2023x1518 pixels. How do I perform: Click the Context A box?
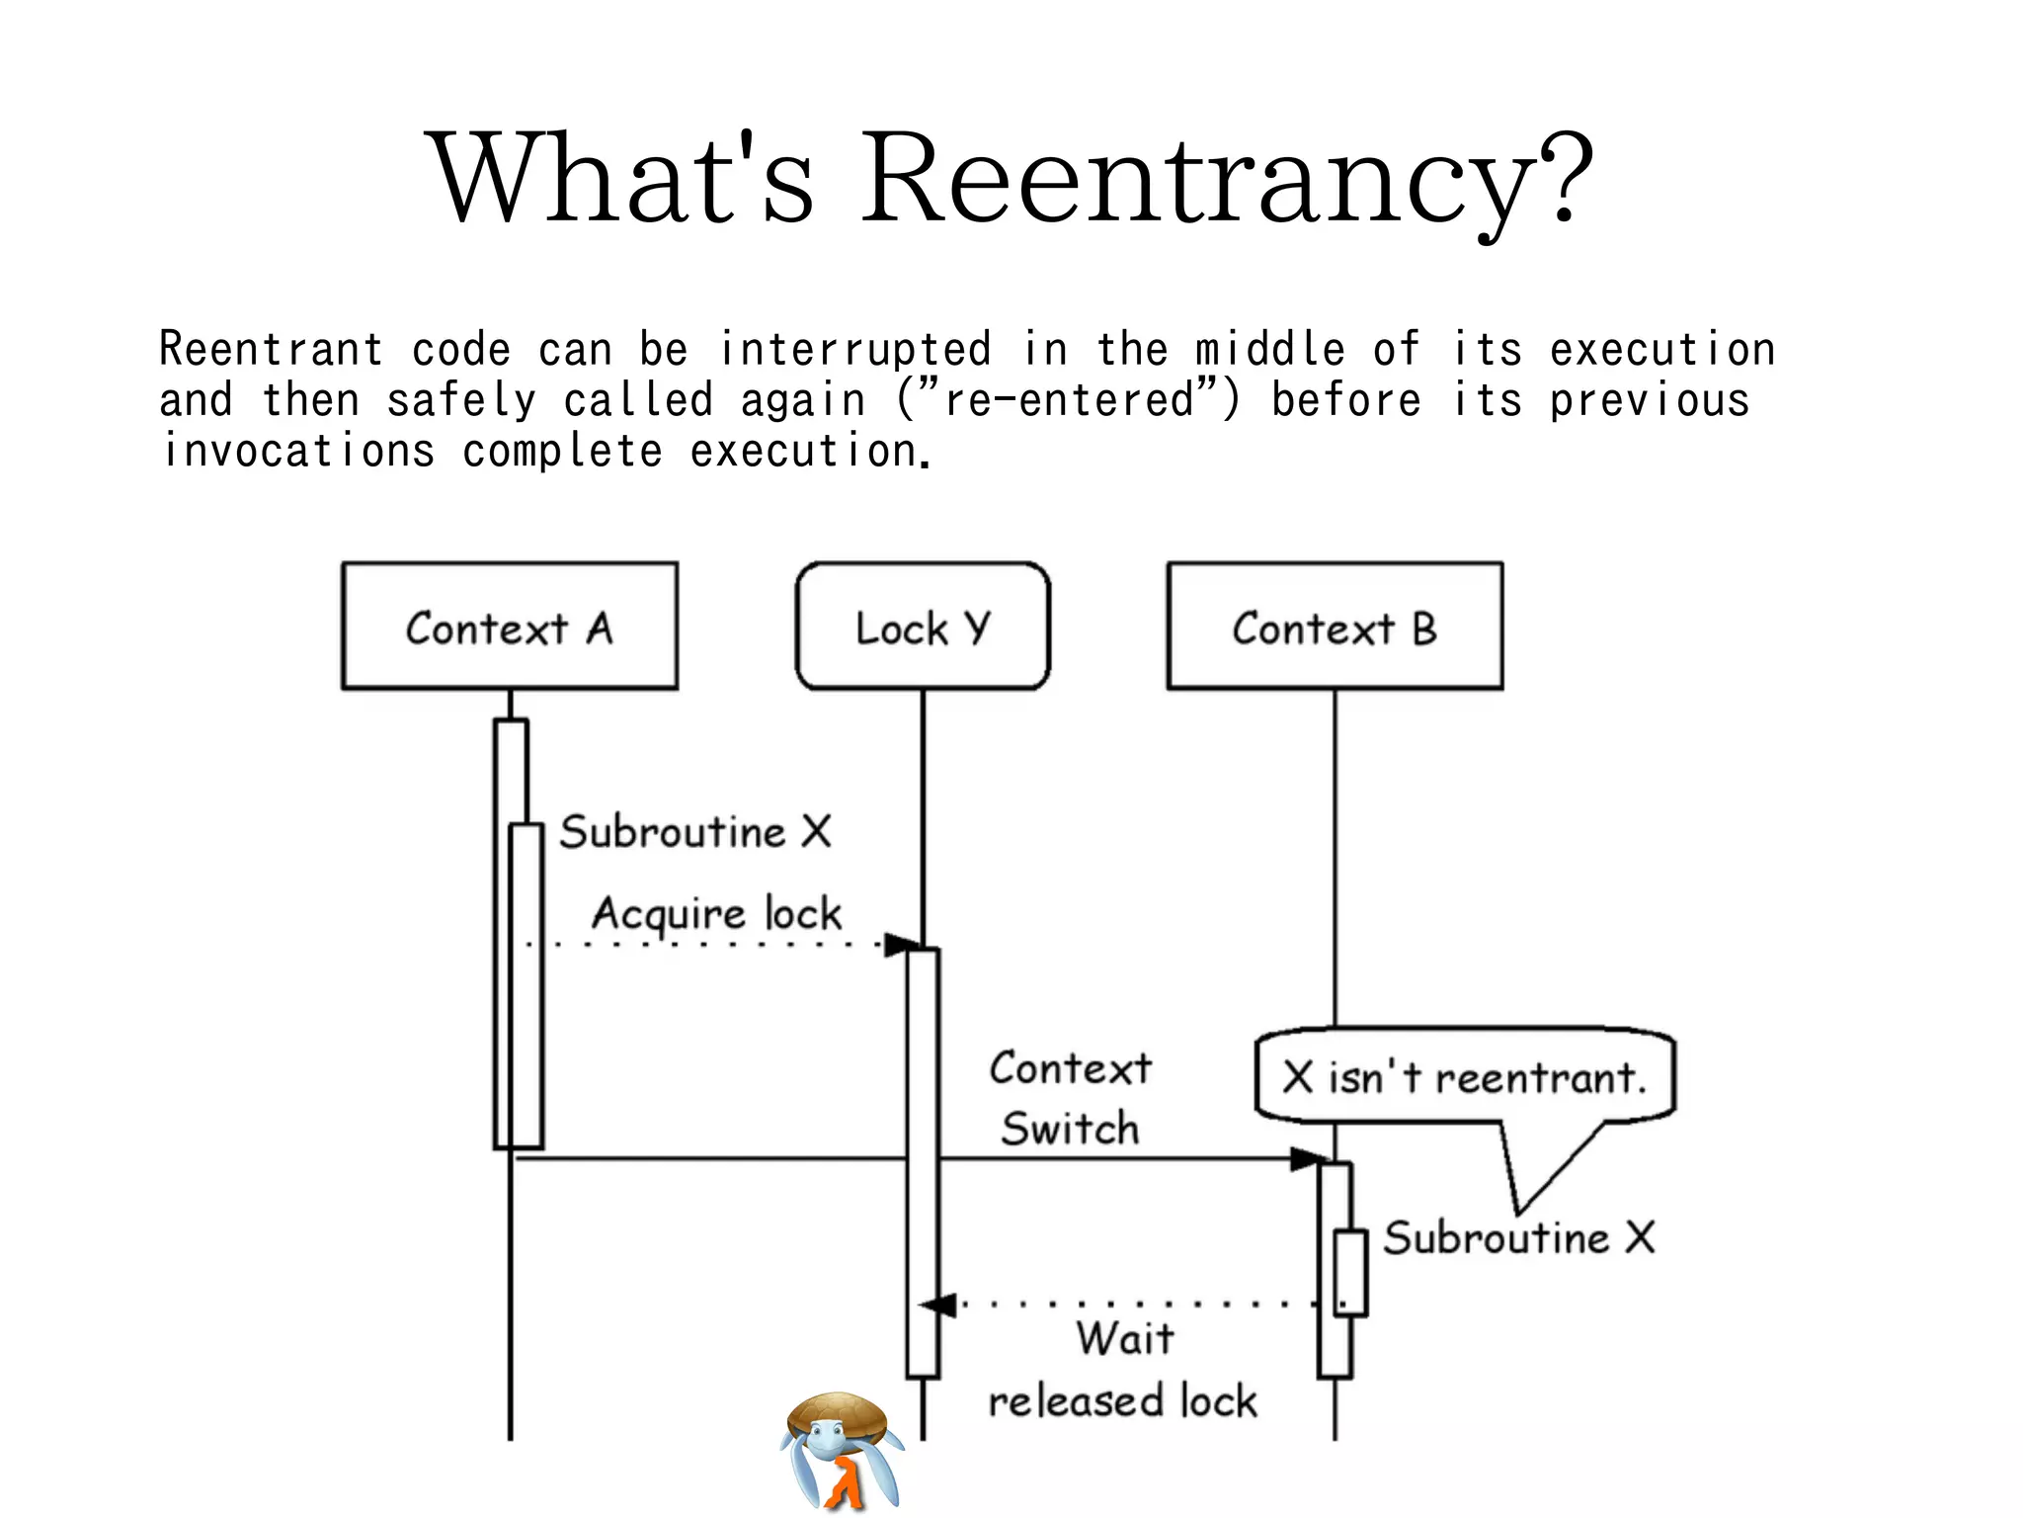tap(510, 627)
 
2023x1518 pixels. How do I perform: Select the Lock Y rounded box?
tap(923, 627)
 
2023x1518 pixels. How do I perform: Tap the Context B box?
tap(1335, 627)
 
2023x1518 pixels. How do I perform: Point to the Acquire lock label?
tap(716, 913)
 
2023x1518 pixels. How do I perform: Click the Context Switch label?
tap(1071, 1098)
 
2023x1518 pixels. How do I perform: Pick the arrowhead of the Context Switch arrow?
tap(1310, 1159)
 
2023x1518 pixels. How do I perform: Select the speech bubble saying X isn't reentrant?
tap(1465, 1077)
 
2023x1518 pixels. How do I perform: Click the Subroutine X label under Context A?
tap(695, 831)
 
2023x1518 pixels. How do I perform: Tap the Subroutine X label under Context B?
tap(1518, 1237)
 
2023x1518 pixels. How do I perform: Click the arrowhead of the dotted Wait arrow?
tap(938, 1306)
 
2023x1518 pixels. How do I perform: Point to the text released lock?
tap(1123, 1401)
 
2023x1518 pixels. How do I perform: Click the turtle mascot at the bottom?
tap(842, 1450)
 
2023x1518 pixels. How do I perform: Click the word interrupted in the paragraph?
tap(854, 349)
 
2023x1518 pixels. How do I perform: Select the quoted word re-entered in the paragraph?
tap(1069, 400)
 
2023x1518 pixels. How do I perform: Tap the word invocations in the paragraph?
tap(298, 452)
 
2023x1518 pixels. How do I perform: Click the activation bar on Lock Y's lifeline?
tap(923, 1161)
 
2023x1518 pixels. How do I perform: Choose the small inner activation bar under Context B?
tap(1350, 1273)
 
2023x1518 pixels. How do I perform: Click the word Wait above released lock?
tap(1125, 1339)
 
